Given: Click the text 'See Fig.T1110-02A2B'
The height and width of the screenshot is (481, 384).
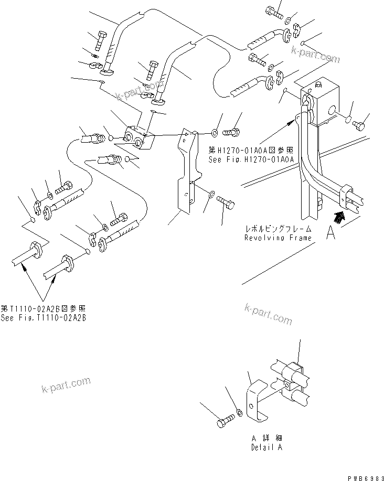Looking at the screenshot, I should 43,318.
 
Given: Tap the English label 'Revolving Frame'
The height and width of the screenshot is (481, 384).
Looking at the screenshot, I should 278,238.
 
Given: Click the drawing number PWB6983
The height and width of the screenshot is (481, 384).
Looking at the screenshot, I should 363,475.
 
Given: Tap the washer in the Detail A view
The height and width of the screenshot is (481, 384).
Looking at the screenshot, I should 239,412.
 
